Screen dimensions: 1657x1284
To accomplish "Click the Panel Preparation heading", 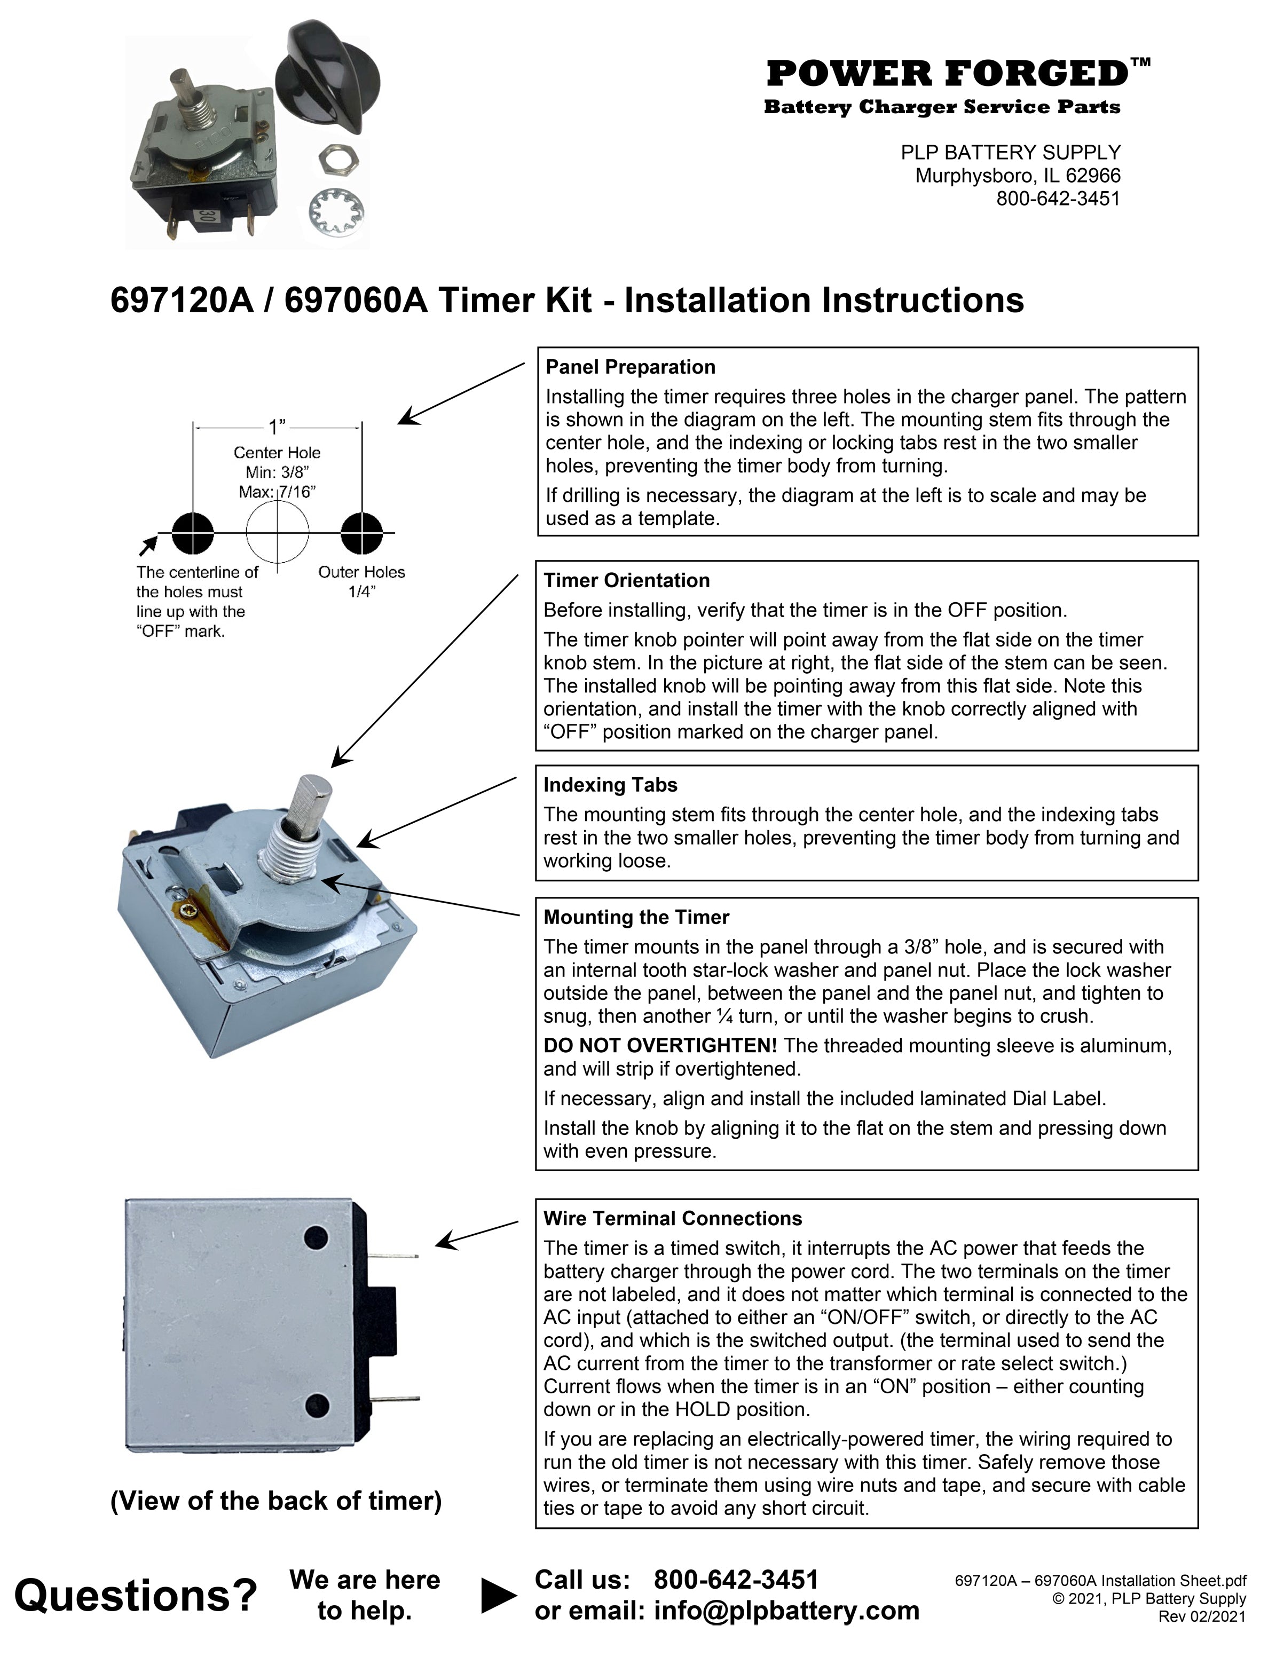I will point(630,367).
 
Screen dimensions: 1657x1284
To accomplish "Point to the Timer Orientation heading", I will point(626,580).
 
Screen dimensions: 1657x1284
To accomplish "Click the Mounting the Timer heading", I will point(636,917).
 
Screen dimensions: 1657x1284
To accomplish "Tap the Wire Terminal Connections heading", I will point(672,1219).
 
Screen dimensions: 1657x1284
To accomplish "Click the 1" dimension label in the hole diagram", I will point(277,427).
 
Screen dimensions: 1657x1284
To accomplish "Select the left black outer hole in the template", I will point(193,533).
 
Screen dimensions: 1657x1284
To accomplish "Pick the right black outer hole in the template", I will point(361,533).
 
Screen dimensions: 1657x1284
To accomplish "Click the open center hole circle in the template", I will point(278,530).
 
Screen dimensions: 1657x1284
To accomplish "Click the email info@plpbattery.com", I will point(786,1610).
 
